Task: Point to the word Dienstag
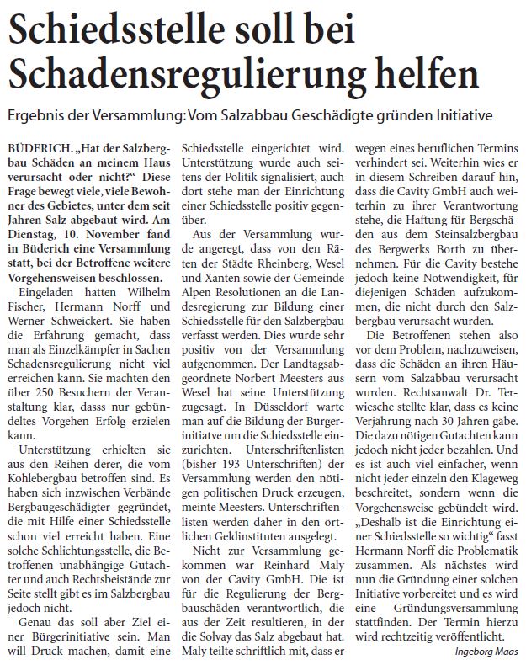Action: tap(35, 226)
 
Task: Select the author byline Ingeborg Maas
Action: tap(483, 652)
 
